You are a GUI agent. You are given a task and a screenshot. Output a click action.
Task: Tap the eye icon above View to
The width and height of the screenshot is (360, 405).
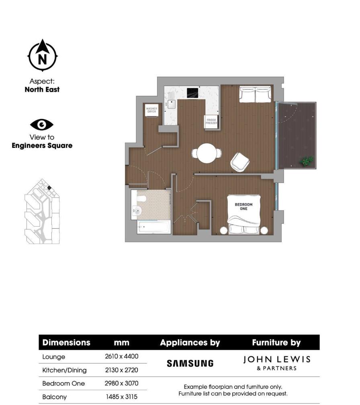(42, 125)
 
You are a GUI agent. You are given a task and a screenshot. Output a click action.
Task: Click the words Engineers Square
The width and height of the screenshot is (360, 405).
(42, 146)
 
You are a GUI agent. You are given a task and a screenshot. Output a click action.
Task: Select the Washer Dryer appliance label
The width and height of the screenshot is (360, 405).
(151, 110)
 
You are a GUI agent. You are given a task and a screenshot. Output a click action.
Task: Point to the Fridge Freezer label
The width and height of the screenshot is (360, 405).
(211, 122)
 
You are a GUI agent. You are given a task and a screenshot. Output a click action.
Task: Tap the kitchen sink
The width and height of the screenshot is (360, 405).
(172, 104)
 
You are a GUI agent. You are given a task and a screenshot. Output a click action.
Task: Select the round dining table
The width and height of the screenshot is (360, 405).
(207, 153)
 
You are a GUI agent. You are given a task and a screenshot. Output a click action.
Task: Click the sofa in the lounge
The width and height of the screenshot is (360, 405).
(255, 94)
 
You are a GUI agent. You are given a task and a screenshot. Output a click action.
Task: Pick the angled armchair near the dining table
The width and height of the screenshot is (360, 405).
(240, 162)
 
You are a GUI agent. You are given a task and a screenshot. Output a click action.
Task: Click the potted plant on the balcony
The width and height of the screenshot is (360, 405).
(307, 162)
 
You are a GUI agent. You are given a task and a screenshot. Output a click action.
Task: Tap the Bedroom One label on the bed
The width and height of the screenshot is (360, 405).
(244, 207)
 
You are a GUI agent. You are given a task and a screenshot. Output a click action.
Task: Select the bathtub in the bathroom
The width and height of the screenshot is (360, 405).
(153, 227)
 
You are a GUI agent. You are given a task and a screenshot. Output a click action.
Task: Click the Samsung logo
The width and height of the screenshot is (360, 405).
(190, 364)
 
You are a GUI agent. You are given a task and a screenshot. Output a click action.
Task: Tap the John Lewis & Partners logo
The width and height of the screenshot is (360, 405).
(277, 363)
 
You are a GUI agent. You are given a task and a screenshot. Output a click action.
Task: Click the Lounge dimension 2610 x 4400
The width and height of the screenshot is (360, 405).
(121, 357)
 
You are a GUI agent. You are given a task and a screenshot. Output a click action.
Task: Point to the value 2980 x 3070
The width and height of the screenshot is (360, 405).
(121, 383)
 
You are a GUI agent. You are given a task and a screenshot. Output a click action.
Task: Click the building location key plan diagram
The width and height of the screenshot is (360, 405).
(42, 212)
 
